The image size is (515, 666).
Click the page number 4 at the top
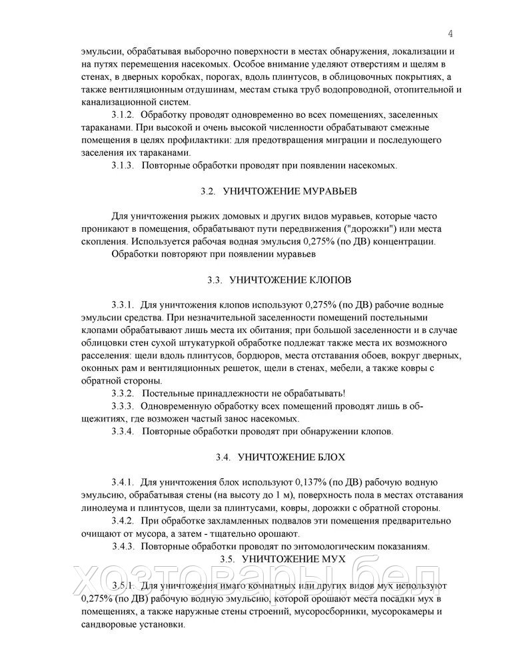click(450, 34)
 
